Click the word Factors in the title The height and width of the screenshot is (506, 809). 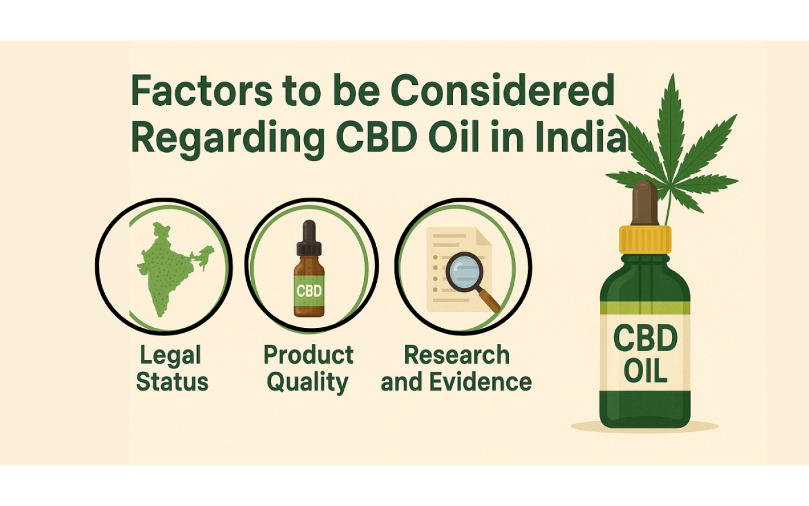pyautogui.click(x=201, y=90)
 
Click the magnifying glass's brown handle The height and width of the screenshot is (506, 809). pyautogui.click(x=488, y=300)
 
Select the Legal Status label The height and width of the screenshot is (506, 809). pyautogui.click(x=172, y=368)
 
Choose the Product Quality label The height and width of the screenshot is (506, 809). pyautogui.click(x=309, y=368)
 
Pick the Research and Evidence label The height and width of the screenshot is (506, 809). pyautogui.click(x=456, y=368)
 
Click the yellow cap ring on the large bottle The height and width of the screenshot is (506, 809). pyautogui.click(x=645, y=239)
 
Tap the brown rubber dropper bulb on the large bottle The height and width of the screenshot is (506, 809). pyautogui.click(x=645, y=203)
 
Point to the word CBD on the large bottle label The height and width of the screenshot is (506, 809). pyautogui.click(x=645, y=338)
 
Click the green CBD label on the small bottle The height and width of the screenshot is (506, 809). pyautogui.click(x=309, y=291)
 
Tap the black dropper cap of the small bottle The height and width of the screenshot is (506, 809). pyautogui.click(x=309, y=237)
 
